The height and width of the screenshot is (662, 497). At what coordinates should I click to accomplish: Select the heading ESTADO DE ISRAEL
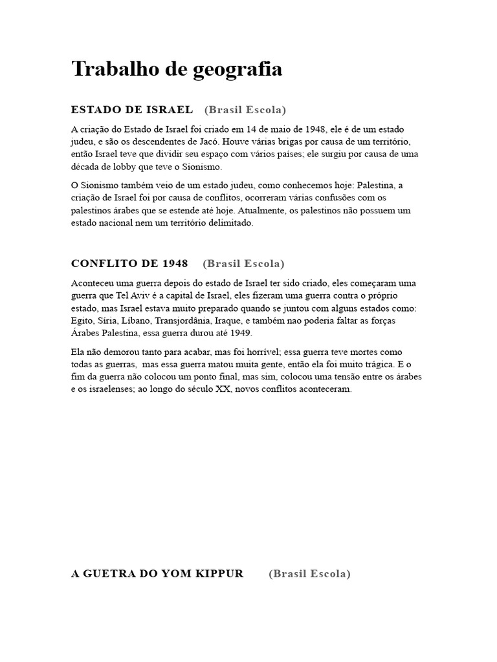click(x=132, y=109)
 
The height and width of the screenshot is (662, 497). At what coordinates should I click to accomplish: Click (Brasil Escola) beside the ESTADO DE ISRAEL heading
click(x=245, y=109)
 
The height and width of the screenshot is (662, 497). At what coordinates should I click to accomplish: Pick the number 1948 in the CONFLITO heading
click(x=175, y=263)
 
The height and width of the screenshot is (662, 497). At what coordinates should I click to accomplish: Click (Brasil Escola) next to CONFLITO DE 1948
click(x=243, y=263)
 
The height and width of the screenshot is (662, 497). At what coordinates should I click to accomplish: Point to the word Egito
click(x=82, y=321)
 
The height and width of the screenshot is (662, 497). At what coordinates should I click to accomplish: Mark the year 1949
click(x=241, y=333)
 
